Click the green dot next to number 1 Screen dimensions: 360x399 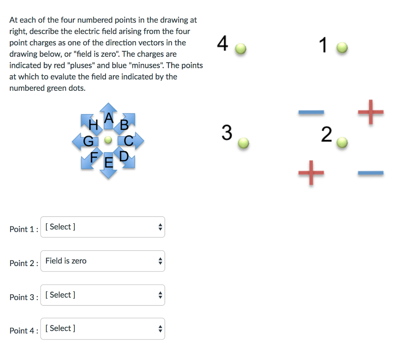coord(342,48)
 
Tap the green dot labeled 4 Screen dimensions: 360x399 coord(242,49)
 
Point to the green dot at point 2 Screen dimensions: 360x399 coord(342,143)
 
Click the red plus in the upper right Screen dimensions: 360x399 coord(371,112)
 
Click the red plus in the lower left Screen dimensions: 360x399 coord(311,172)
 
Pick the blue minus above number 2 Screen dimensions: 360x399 coord(311,113)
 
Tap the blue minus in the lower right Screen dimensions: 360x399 coord(371,173)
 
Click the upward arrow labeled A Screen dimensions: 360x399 coord(109,113)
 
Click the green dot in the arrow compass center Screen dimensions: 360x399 coord(109,140)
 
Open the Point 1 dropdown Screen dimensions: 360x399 coord(102,227)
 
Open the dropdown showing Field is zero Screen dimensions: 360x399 coord(102,261)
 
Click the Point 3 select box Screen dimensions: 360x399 coord(102,295)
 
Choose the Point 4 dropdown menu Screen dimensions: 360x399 coord(102,329)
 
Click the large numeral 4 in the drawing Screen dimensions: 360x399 coord(222,44)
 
